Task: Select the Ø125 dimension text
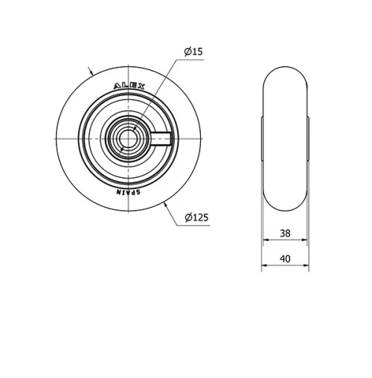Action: [x=196, y=217]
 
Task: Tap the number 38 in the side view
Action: [x=284, y=233]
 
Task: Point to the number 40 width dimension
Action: [x=284, y=259]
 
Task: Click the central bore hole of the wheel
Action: [x=129, y=138]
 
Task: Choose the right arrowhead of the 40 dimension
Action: [x=305, y=267]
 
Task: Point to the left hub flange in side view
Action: [x=263, y=138]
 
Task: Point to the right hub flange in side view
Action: [x=306, y=138]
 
